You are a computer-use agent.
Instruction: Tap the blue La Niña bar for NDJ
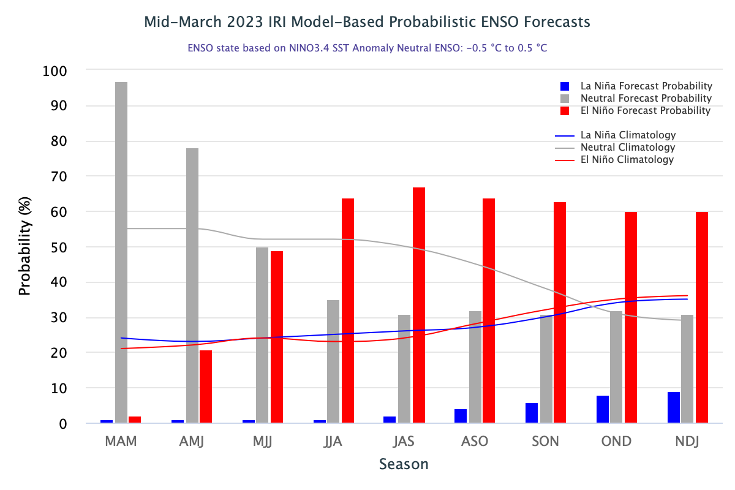[674, 407]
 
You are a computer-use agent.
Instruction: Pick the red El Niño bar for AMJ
[206, 386]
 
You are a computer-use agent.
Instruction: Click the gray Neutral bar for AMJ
[192, 285]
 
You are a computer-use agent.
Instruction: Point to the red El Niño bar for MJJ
[277, 337]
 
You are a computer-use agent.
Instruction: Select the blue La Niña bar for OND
[603, 409]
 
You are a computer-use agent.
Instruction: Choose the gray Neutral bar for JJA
[333, 361]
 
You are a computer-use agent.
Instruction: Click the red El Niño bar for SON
[560, 312]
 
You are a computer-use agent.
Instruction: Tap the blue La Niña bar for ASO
[461, 416]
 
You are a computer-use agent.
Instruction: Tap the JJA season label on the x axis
[334, 442]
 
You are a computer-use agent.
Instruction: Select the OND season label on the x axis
[617, 442]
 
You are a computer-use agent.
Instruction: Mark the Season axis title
[404, 464]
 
